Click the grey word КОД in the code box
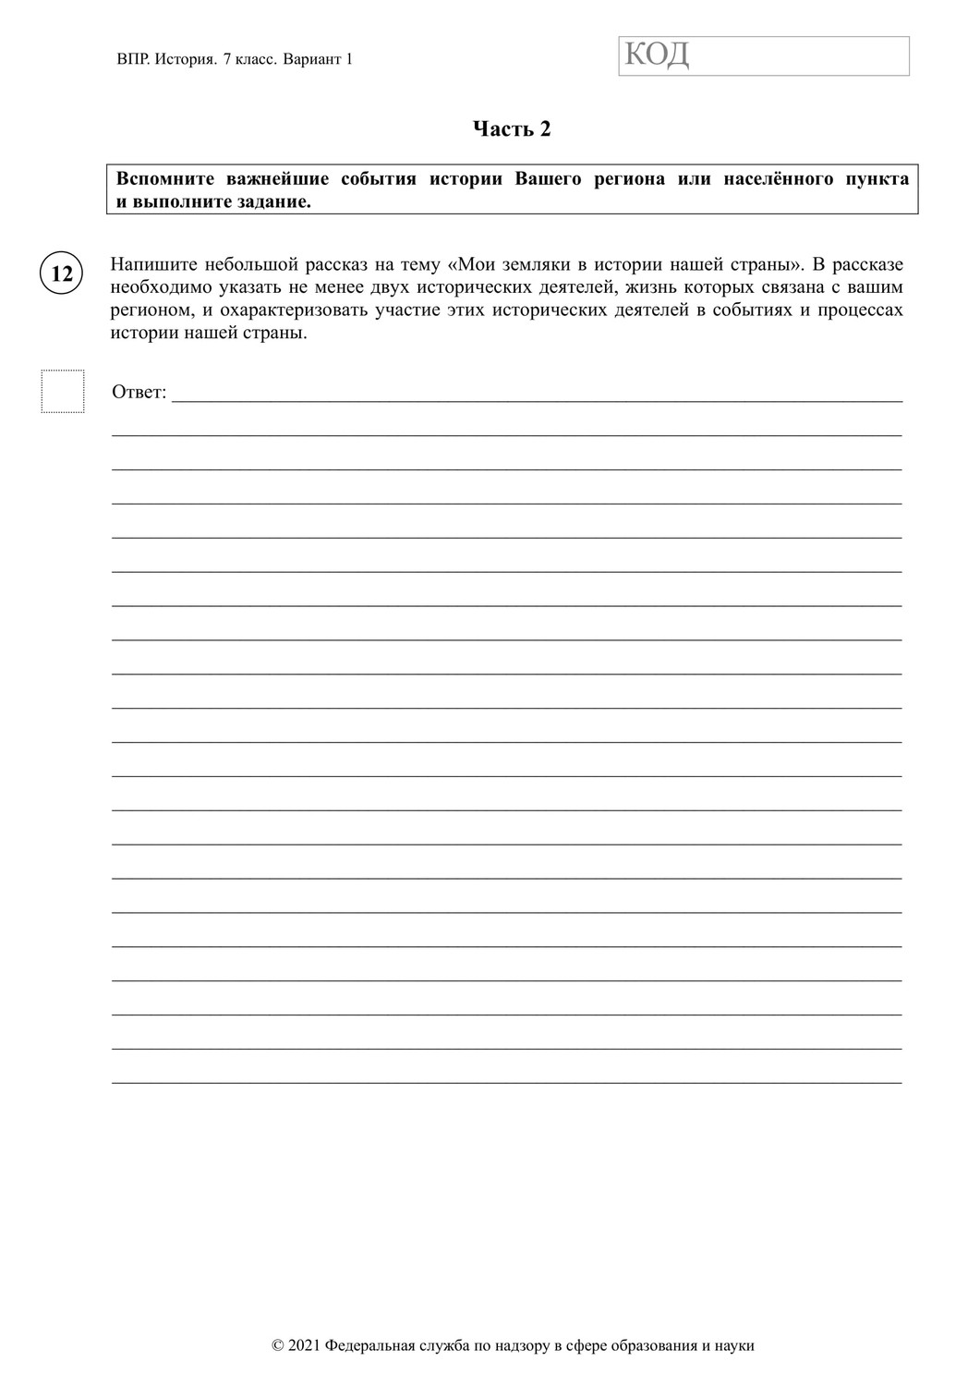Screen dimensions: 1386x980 point(657,55)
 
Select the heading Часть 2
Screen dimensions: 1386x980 point(512,129)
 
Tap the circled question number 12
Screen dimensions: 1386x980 point(62,274)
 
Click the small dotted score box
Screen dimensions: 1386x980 point(63,391)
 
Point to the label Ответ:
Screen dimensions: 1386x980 point(139,393)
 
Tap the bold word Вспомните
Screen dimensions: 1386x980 point(165,178)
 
